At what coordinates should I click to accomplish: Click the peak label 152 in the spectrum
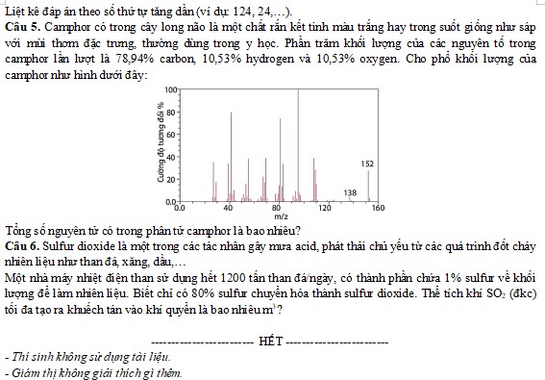(x=367, y=165)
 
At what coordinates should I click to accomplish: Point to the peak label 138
(x=350, y=193)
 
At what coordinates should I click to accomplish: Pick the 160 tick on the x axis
(x=377, y=207)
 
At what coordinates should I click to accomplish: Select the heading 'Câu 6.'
(x=20, y=243)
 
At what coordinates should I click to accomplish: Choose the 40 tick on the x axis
(x=228, y=207)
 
